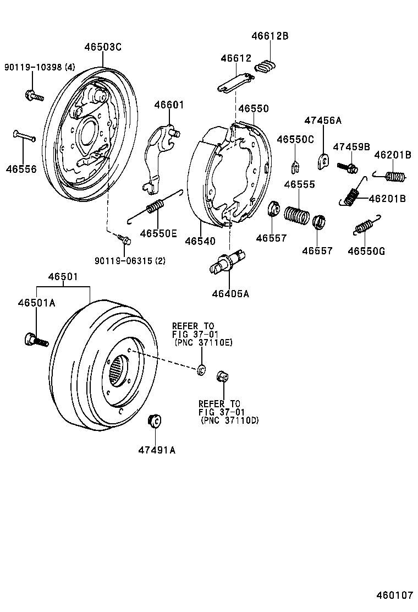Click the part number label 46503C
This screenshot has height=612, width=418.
[x=102, y=47]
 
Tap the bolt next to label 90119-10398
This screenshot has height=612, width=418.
[x=34, y=95]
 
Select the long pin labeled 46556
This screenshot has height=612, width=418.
[x=24, y=135]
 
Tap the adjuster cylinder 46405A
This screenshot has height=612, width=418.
[x=228, y=262]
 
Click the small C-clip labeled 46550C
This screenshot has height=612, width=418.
[x=295, y=163]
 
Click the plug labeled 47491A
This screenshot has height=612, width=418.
[x=155, y=421]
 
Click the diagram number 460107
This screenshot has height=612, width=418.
[x=394, y=595]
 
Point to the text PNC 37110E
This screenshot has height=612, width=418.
[x=204, y=342]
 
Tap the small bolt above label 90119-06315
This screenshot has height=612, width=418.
[x=124, y=239]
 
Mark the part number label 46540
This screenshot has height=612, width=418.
[x=200, y=241]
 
